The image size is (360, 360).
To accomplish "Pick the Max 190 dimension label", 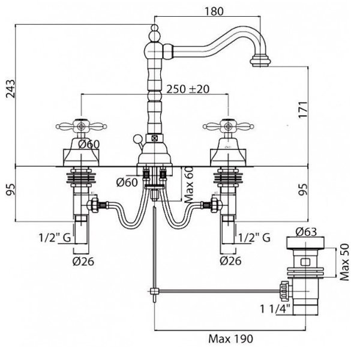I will [x=231, y=338].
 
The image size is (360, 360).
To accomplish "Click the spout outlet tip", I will [x=262, y=60].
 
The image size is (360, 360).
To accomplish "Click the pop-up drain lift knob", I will [x=137, y=140].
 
